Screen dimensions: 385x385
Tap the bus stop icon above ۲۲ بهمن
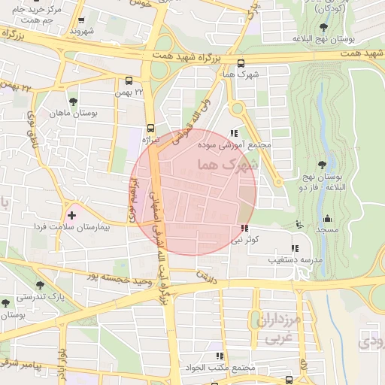[129, 80]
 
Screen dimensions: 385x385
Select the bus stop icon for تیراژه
[150, 127]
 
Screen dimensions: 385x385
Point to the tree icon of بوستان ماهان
[73, 102]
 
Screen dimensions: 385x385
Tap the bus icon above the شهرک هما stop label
[240, 63]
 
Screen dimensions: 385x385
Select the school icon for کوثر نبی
[244, 228]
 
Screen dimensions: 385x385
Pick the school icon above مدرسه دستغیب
[294, 247]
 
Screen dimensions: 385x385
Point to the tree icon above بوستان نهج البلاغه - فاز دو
[322, 164]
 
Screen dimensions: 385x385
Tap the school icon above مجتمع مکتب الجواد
[220, 356]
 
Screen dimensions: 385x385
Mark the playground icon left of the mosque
[300, 223]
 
